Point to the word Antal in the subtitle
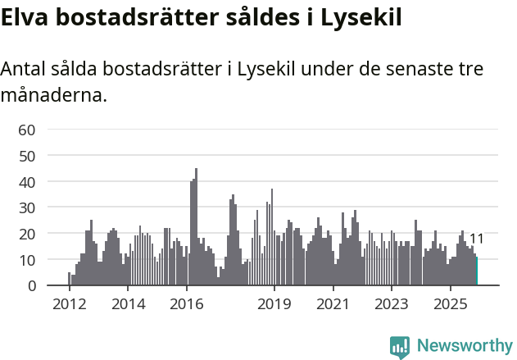(25, 70)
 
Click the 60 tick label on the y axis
(27, 130)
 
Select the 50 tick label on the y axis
(27, 156)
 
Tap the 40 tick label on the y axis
(27, 181)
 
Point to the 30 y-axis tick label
(27, 207)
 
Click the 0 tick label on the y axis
(31, 285)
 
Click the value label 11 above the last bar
(476, 239)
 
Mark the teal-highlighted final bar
(477, 271)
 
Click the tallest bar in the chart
(197, 230)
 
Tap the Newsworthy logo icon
(400, 347)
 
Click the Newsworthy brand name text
(465, 347)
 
